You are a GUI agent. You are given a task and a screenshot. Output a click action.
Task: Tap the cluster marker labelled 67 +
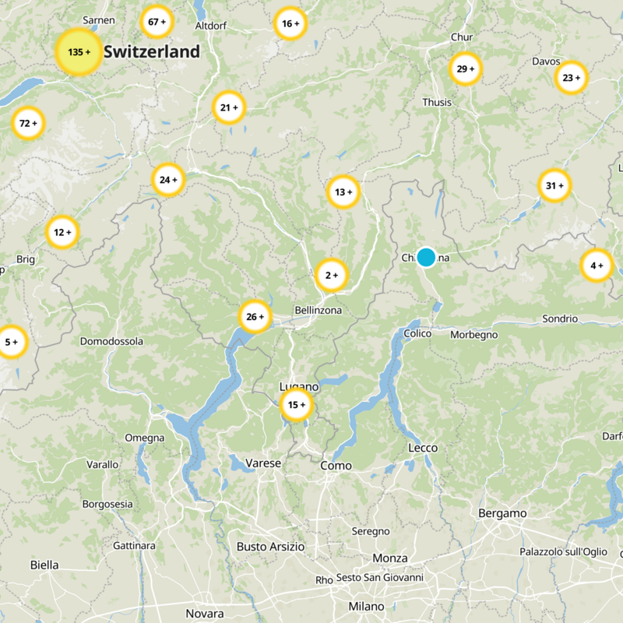[157, 23]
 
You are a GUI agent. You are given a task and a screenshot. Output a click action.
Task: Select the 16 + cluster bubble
[290, 23]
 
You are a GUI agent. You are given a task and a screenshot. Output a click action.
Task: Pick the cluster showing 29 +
[466, 69]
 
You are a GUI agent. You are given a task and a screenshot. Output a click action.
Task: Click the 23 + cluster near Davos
[572, 78]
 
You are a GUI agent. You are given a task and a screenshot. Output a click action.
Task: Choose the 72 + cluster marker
[28, 123]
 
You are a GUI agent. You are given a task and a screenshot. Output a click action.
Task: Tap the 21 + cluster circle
[229, 107]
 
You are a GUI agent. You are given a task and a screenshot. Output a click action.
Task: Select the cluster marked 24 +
[168, 180]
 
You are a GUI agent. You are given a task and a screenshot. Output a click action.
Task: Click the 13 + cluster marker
[343, 192]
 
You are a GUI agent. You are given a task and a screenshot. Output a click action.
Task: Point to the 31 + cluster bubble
[554, 185]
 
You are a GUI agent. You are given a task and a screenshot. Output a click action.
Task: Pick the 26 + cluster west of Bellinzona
[255, 316]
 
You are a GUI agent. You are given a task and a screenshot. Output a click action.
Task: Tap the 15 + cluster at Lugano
[297, 405]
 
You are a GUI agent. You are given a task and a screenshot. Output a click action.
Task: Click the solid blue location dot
[426, 257]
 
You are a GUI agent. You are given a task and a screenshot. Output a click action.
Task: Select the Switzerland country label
[152, 52]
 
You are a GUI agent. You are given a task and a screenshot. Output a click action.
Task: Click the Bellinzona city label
[318, 311]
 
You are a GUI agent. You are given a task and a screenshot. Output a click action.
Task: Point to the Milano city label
[366, 606]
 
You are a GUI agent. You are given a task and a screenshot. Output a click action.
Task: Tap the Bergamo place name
[502, 513]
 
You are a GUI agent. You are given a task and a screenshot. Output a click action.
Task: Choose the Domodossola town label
[112, 341]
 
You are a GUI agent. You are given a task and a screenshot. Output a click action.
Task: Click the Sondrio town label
[560, 319]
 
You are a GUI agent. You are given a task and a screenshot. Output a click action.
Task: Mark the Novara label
[205, 613]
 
